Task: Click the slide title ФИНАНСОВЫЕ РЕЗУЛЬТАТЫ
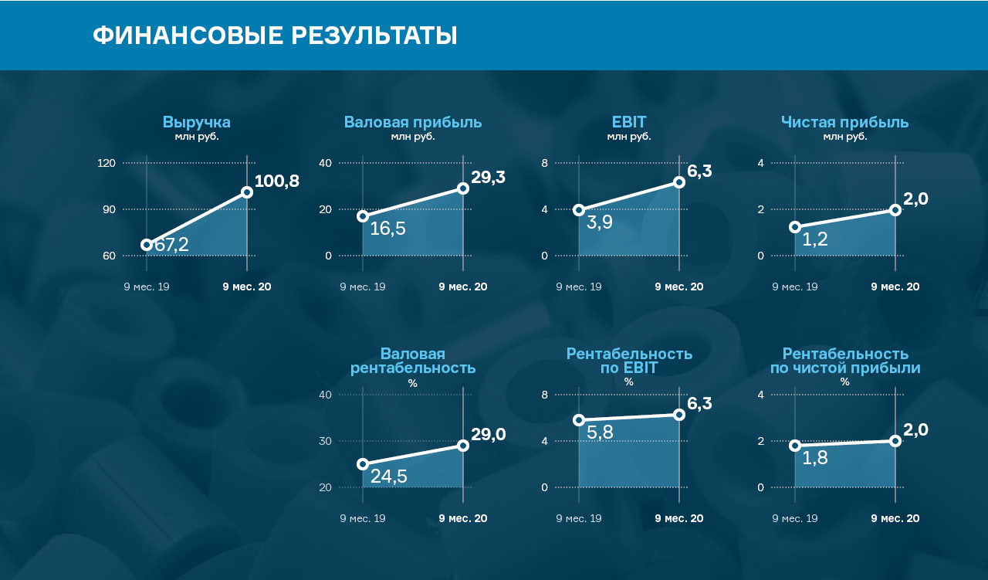click(275, 36)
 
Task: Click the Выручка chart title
click(196, 122)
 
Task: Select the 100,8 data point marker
click(247, 192)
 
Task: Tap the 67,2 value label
click(171, 245)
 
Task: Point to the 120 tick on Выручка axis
click(107, 163)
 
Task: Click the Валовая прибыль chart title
click(413, 122)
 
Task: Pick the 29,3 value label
click(488, 177)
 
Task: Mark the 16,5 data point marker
click(363, 216)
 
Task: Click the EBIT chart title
click(629, 122)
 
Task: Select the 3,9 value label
click(600, 223)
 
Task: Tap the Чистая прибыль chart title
click(844, 122)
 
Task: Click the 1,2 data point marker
click(795, 227)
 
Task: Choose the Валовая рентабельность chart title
click(413, 361)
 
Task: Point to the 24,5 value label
click(388, 477)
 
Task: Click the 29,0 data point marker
click(463, 446)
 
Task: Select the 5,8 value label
click(600, 432)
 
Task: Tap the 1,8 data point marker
click(795, 446)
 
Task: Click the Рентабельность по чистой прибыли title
click(845, 361)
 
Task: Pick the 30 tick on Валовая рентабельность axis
click(325, 441)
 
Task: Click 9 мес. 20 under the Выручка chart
click(247, 287)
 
